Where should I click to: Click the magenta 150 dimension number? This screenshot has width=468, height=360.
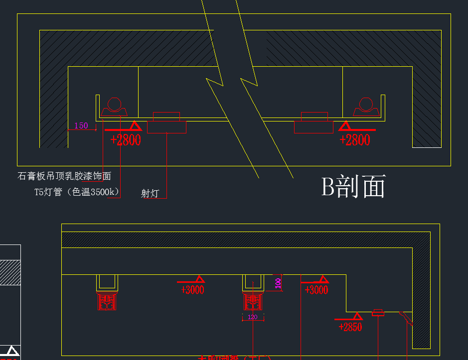pos(81,125)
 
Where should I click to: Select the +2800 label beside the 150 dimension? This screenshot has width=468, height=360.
pos(126,140)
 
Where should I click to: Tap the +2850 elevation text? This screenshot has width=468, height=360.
pos(350,327)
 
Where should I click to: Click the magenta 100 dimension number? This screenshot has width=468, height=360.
pos(278,283)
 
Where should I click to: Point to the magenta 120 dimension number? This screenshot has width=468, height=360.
pos(252,317)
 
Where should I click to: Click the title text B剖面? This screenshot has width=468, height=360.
pos(353,187)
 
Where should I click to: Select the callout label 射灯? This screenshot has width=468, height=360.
pos(150,193)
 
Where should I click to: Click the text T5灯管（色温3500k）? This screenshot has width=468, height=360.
pos(77,192)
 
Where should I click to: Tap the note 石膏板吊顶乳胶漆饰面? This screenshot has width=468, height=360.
pos(64,176)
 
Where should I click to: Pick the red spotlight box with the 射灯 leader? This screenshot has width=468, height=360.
pos(166,126)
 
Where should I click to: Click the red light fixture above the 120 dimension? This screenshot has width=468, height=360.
pos(253,302)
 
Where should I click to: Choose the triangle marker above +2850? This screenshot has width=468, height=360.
pos(357,316)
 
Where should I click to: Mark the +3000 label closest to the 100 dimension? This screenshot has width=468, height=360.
pos(316,290)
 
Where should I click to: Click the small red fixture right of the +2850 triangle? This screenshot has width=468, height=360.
pos(378,313)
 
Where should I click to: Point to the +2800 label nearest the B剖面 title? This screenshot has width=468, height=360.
pos(355,140)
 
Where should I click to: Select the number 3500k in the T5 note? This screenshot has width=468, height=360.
pos(106,192)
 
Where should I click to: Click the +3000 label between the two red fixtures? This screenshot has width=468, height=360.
pos(192,290)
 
